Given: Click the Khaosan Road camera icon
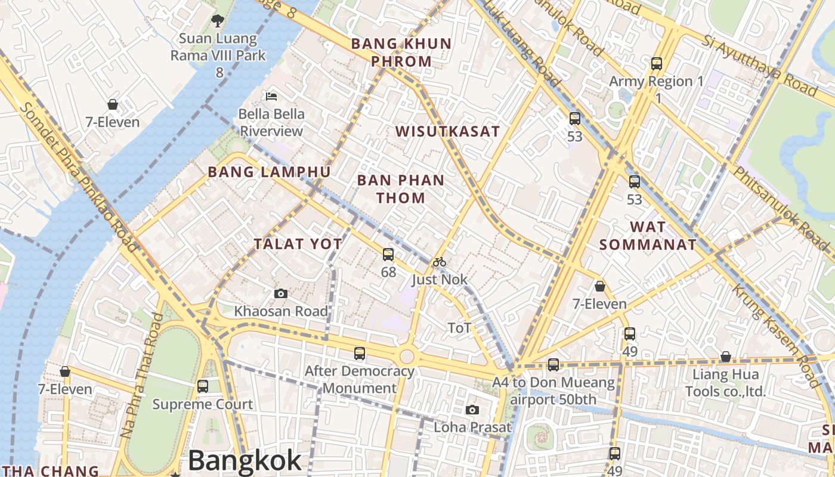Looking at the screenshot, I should (281, 293).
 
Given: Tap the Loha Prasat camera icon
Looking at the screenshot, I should (472, 410).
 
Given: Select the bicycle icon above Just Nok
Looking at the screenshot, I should (440, 262).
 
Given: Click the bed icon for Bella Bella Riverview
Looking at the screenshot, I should (271, 96).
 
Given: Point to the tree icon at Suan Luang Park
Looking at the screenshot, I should (218, 21).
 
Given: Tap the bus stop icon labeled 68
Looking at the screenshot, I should (388, 255).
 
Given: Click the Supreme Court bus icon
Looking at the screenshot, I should (203, 386).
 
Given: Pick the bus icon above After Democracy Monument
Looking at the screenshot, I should (360, 353).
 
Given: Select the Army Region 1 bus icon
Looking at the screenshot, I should (657, 63).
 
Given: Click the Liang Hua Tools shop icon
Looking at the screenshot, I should (725, 357).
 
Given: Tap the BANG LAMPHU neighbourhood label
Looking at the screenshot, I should (269, 172).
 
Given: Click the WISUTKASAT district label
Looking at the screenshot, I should (447, 132).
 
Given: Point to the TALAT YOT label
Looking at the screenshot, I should (298, 244).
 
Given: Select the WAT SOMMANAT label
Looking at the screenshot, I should (648, 236).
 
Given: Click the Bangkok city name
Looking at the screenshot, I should (245, 461).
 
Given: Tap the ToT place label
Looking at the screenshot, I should (459, 327).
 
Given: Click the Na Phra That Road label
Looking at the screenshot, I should (142, 376).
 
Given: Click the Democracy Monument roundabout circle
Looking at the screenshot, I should (407, 357).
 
